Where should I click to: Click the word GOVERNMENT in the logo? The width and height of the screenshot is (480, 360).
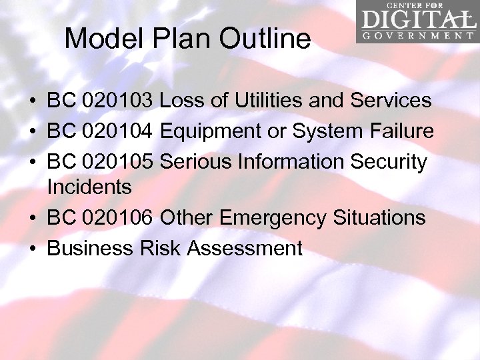tap(418, 35)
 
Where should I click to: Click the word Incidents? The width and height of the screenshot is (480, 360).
tap(89, 187)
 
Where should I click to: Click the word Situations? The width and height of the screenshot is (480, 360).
tap(379, 218)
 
